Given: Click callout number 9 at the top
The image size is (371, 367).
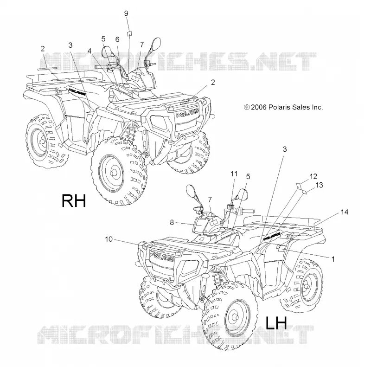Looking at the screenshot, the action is point(126,13).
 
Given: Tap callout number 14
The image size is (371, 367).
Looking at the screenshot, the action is point(345,212).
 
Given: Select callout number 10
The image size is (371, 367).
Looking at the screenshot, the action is point(109,239).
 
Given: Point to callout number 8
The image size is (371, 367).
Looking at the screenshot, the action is point(172,223).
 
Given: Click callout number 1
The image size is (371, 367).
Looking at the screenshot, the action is point(333,259).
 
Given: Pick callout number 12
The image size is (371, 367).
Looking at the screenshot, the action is point(313,176).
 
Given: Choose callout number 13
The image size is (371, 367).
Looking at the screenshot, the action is point(319,185).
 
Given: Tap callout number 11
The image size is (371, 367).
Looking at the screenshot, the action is point(234,174).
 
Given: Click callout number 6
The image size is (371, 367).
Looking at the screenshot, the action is point(117,39).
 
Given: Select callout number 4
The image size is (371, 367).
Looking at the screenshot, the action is point(89,51).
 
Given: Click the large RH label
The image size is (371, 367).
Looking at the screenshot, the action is point(74,201).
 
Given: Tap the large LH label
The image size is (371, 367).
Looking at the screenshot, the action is point(276,323).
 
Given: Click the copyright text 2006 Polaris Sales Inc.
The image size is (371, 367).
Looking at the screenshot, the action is point(283,107).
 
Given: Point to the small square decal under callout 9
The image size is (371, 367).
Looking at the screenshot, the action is point(129,33).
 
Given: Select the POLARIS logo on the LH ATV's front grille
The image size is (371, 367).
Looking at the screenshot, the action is point(162,256).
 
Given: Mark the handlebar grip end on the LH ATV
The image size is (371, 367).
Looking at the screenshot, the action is point(253,211).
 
